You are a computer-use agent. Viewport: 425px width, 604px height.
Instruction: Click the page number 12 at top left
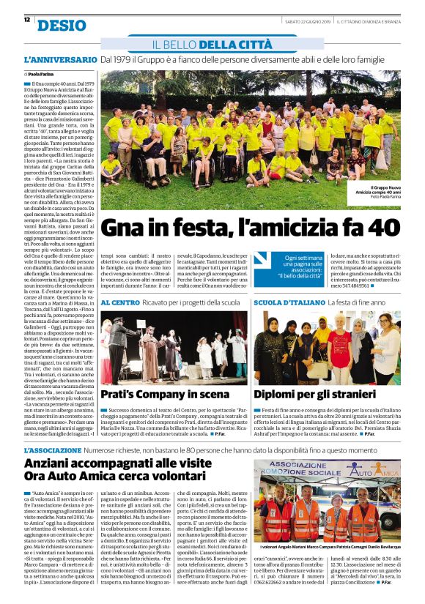click(x=26, y=20)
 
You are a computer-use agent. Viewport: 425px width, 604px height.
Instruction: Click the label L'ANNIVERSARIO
click(x=60, y=59)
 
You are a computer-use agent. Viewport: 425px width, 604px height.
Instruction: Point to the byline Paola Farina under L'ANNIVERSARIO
click(x=44, y=74)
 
